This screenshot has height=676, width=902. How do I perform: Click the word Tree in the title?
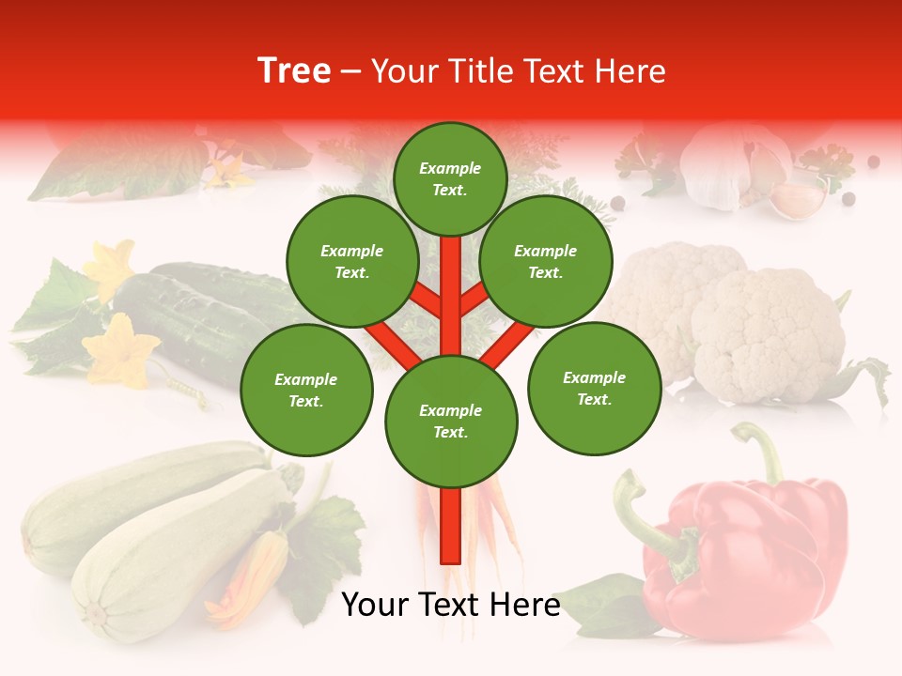coord(294,71)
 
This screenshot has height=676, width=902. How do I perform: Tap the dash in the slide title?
coord(350,72)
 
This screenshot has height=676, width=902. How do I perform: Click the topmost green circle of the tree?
coord(450,178)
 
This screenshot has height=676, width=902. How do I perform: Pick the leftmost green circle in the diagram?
coord(306,391)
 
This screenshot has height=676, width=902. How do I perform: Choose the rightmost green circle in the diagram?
coord(594,389)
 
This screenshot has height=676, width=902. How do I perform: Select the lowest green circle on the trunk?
coord(451,422)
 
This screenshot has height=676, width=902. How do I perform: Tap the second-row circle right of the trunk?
coord(545,262)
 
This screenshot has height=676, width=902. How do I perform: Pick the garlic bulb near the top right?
coord(728,160)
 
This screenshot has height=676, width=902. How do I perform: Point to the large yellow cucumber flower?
coord(120,352)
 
